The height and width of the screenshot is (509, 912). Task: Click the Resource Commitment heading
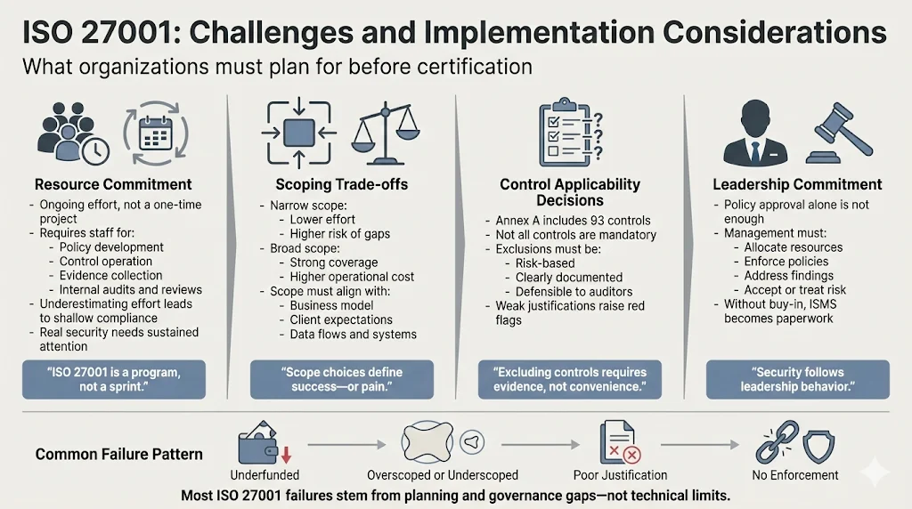tap(113, 185)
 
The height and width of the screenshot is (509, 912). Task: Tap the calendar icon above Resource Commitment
tap(157, 137)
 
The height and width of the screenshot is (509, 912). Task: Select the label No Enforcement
tap(795, 475)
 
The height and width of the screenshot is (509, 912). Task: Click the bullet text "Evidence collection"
tap(112, 276)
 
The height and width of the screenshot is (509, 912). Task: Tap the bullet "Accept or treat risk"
tap(794, 290)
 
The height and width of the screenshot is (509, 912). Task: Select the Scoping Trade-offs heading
tap(341, 185)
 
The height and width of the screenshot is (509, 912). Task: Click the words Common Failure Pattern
tap(118, 454)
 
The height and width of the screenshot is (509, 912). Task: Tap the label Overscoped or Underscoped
tap(442, 475)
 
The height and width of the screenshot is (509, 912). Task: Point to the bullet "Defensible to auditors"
tap(574, 292)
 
